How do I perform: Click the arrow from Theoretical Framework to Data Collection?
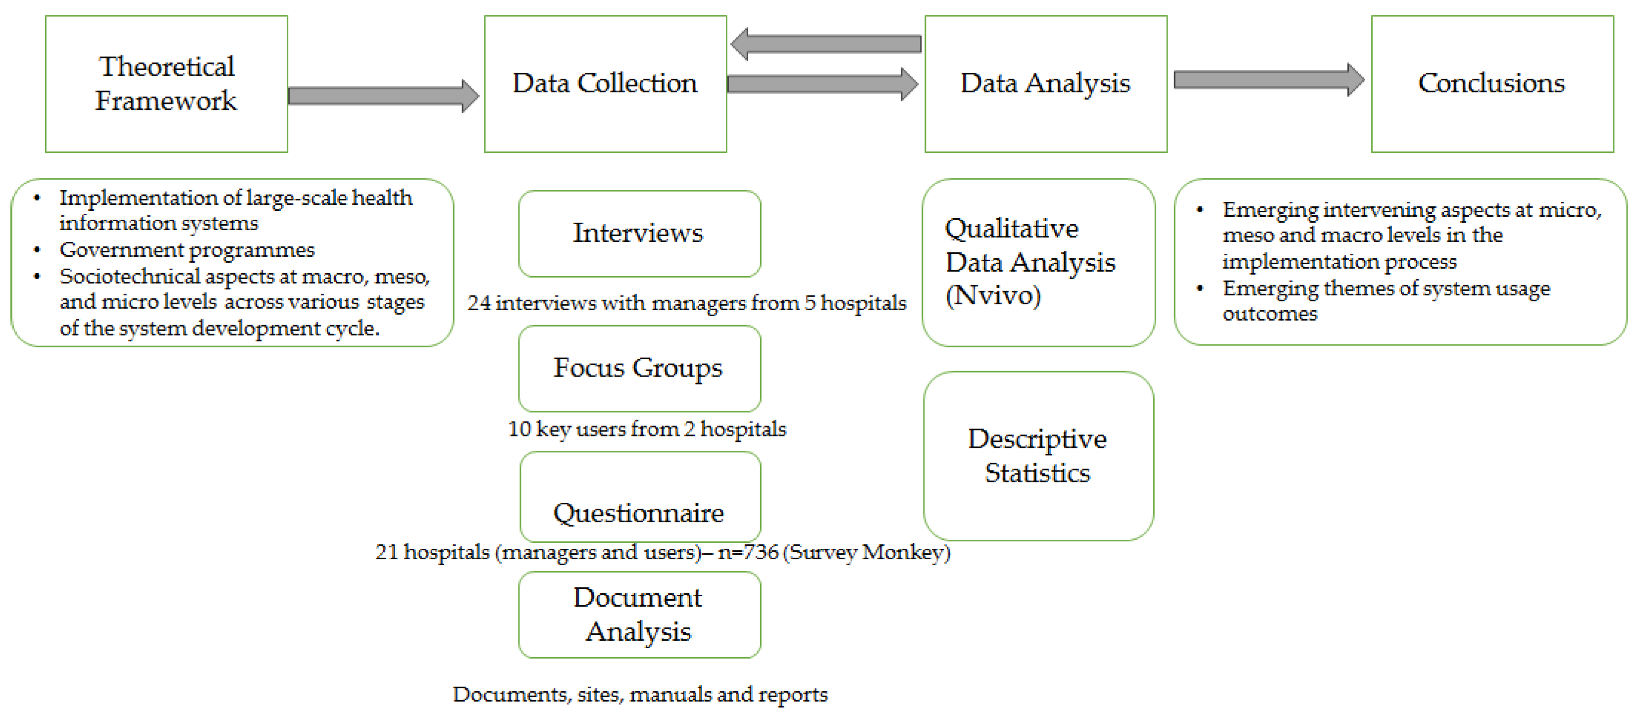382,96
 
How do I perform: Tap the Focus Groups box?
639,368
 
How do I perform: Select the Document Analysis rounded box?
639,615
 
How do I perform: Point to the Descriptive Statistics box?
1038,456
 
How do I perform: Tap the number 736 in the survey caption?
761,552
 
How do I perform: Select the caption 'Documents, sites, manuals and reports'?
639,694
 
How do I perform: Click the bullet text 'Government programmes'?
187,250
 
